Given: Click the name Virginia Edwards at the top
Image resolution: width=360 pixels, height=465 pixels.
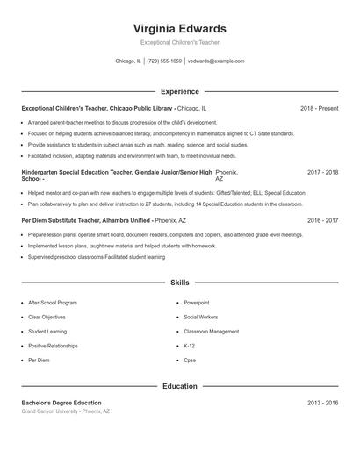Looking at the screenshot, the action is [x=179, y=28].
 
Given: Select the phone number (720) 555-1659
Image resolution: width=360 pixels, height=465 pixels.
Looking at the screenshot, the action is [x=164, y=61].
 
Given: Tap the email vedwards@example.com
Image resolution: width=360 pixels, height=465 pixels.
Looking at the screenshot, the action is [x=216, y=61].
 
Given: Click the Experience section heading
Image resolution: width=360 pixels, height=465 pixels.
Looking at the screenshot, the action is [x=179, y=91].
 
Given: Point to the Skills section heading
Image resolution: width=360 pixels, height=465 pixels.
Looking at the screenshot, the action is [x=179, y=283].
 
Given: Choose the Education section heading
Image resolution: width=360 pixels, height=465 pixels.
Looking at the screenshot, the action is [x=179, y=386].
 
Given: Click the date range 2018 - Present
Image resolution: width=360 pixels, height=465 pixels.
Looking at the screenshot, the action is [x=319, y=108].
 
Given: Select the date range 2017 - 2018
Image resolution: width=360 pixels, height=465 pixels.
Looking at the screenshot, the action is [x=322, y=173].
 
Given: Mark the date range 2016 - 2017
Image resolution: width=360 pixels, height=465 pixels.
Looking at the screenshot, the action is [x=322, y=221].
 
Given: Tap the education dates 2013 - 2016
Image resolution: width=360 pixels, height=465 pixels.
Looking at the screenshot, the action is [x=322, y=403].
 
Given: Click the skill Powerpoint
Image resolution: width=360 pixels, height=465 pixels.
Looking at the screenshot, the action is [x=197, y=303].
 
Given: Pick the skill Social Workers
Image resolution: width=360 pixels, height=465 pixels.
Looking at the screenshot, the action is [x=201, y=317].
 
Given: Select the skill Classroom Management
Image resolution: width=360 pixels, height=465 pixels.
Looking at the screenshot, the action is [x=211, y=332].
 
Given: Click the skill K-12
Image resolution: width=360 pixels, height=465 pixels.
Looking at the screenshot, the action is [x=190, y=346].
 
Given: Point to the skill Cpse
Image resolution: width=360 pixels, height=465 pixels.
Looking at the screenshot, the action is [x=190, y=361].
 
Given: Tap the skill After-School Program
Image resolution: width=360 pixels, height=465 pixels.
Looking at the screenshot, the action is [x=54, y=303].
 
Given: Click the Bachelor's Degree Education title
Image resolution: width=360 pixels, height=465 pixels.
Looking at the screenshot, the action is [x=61, y=403].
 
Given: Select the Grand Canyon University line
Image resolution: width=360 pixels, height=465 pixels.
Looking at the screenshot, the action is [x=66, y=411].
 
